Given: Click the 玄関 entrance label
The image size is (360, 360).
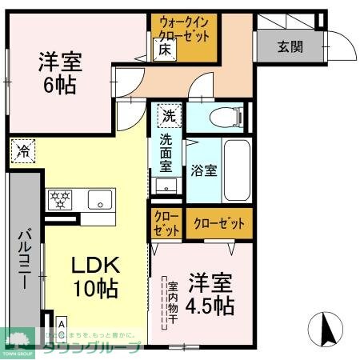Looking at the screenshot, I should tap(290, 46).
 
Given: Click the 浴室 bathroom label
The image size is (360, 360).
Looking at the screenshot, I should tap(203, 170).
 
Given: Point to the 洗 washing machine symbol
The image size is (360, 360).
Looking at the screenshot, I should tap(168, 115).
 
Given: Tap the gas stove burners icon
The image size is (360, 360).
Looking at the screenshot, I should tap(61, 198).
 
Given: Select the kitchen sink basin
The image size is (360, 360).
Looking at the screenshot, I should tap(99, 199).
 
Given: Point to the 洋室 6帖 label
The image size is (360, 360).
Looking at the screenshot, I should tap(60, 71).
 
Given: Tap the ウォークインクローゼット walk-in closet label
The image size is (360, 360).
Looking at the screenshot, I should tap(185, 30).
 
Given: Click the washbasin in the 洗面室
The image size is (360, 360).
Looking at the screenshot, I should tap(167, 186).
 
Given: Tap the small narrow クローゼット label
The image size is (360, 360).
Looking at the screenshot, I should tap(167, 223).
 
